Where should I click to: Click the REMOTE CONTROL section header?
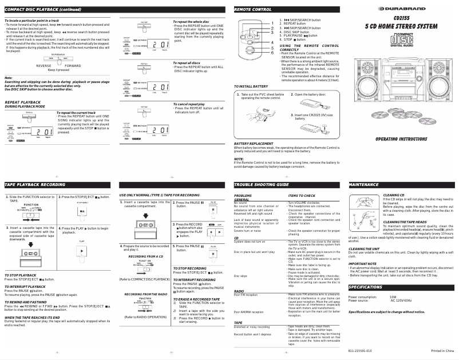(253, 10)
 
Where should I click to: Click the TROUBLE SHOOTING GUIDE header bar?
(262, 185)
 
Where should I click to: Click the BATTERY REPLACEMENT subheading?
(254, 143)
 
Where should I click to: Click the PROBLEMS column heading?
(243, 195)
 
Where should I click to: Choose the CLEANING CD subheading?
(394, 195)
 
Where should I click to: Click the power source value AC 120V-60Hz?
(402, 300)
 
